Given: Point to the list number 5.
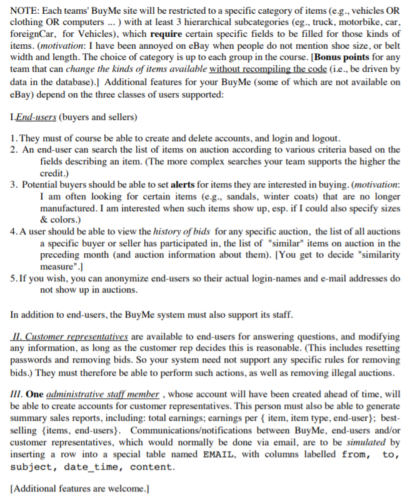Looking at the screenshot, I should [x=14, y=278].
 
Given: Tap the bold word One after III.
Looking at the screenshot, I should [x=36, y=394].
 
